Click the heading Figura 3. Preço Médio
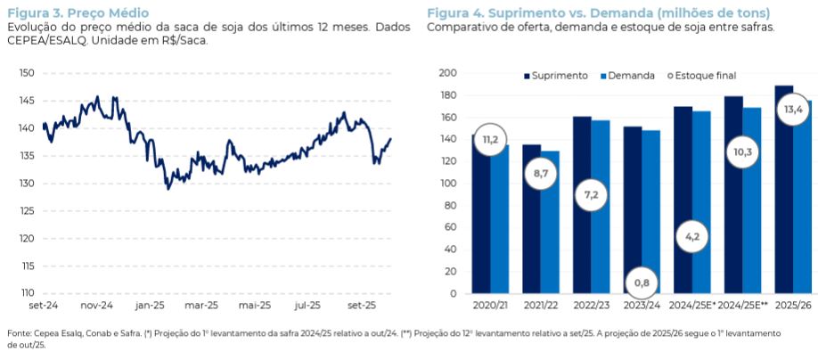click(x=78, y=12)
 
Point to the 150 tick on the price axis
click(x=26, y=73)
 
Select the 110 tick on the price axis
click(x=26, y=292)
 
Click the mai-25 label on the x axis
click(x=254, y=306)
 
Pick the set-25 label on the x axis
click(x=360, y=306)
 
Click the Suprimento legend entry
click(x=555, y=76)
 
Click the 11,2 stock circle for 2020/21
click(x=490, y=140)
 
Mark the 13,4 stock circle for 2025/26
click(x=792, y=110)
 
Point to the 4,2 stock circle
click(x=691, y=237)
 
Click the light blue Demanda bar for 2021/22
click(x=550, y=222)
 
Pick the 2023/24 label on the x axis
click(x=642, y=306)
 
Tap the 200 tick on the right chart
click(x=447, y=73)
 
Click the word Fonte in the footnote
click(x=18, y=332)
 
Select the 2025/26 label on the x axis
click(x=792, y=306)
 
